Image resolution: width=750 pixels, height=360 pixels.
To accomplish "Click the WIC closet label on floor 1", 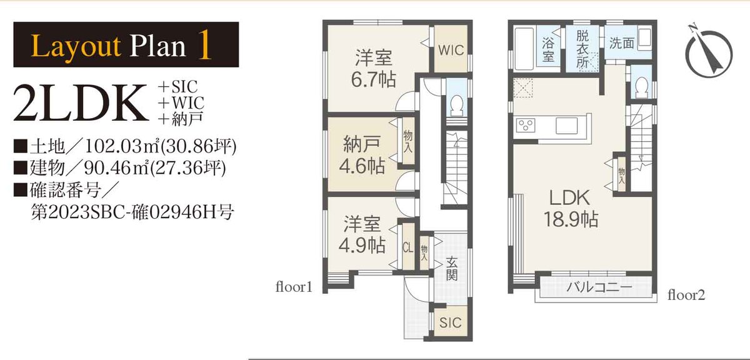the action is point(451,50).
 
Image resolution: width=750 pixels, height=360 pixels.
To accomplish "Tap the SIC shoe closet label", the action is point(451,322).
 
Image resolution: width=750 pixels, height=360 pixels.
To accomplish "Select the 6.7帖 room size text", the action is point(373,80).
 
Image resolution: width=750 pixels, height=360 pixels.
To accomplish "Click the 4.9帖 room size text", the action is point(362,246).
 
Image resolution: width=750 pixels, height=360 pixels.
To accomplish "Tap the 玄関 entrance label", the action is point(452,269).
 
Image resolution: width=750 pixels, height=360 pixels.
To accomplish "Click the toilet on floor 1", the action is point(457,105).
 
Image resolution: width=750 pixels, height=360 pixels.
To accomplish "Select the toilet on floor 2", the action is point(641,87).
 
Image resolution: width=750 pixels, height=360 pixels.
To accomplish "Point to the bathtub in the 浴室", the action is point(524,49).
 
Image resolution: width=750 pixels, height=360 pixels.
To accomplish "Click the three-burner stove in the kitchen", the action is point(526,126).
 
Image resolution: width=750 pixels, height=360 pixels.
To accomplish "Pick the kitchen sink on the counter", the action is point(566,126).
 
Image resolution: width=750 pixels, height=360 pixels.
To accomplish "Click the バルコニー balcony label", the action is point(599,287).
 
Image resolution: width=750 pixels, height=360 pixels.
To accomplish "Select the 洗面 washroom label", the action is point(621,43).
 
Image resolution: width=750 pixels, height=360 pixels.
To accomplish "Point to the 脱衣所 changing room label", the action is point(582,49).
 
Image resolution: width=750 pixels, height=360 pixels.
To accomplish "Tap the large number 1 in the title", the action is point(204,44).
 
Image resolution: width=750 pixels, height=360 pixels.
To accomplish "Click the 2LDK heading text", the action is point(81,102).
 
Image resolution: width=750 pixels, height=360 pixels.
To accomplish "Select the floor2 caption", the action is point(686,295).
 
